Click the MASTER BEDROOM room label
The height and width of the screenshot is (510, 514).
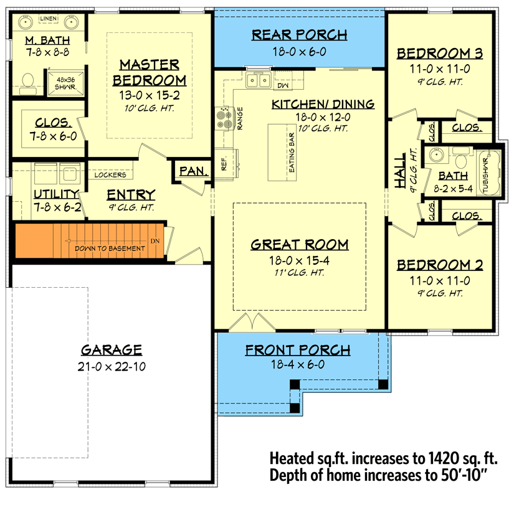point(150,72)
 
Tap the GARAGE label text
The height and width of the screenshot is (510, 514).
point(112,350)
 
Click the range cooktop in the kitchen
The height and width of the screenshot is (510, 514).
point(223,118)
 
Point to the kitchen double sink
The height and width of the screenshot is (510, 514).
point(258,80)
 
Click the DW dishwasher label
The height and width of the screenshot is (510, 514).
point(282,85)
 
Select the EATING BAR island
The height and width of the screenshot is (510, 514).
point(282,152)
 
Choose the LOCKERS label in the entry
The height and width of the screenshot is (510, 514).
point(110,175)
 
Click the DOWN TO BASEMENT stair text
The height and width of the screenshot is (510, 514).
point(109,248)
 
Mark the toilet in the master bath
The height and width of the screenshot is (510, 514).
point(27,81)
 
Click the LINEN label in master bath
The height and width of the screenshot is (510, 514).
point(48,20)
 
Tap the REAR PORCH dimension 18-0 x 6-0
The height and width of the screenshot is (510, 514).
point(299,53)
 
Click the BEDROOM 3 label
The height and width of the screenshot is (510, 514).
point(440,54)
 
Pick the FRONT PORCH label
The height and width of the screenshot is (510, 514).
point(298,350)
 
